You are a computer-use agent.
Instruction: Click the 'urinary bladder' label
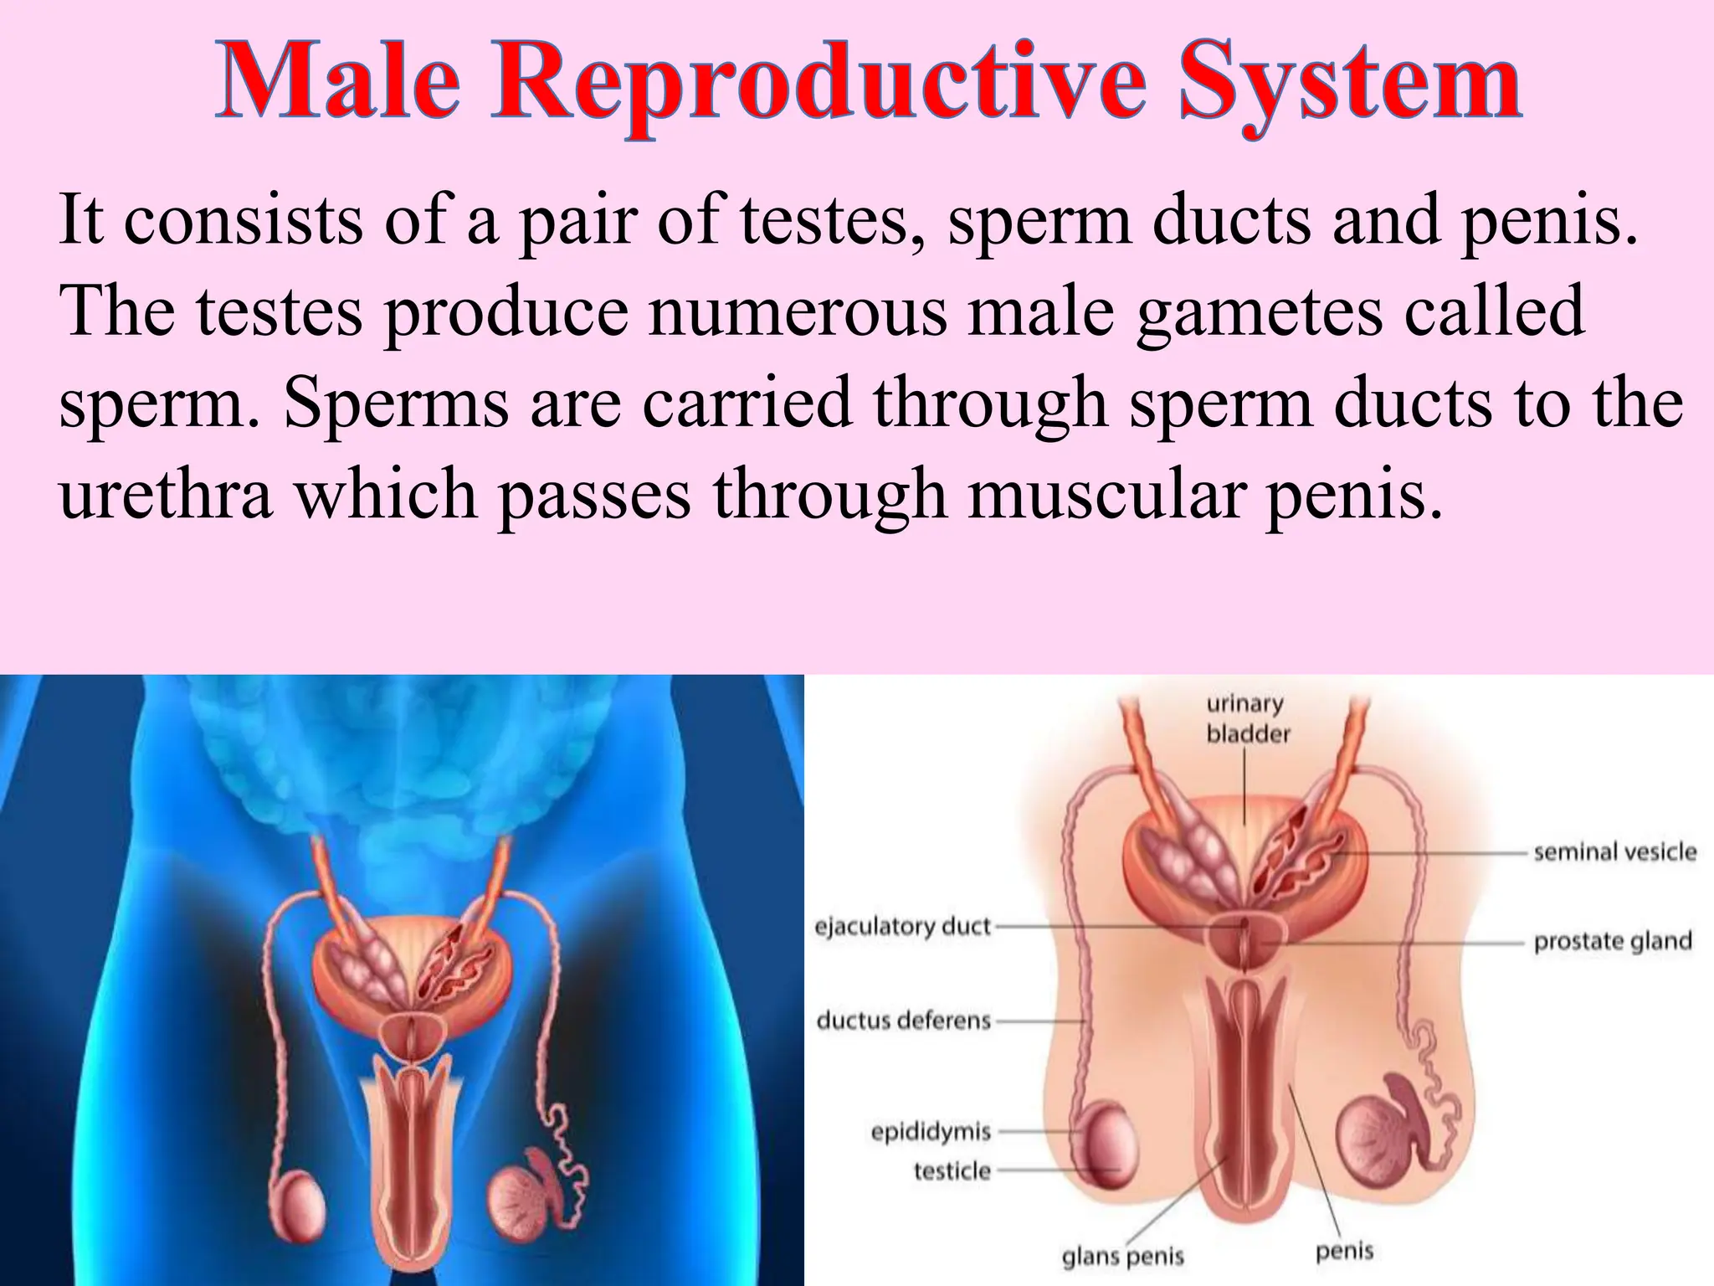(1247, 719)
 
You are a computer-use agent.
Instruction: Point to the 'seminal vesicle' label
(1614, 852)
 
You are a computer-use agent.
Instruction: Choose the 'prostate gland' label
(1612, 941)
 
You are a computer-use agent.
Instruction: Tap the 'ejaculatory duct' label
(902, 926)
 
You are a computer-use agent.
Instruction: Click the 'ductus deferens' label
(903, 1020)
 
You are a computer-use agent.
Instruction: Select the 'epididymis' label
(931, 1132)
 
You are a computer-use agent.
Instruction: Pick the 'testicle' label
(952, 1170)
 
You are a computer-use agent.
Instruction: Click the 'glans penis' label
(1122, 1256)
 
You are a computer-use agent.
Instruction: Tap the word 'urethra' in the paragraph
(166, 494)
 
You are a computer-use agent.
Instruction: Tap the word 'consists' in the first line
(244, 219)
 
